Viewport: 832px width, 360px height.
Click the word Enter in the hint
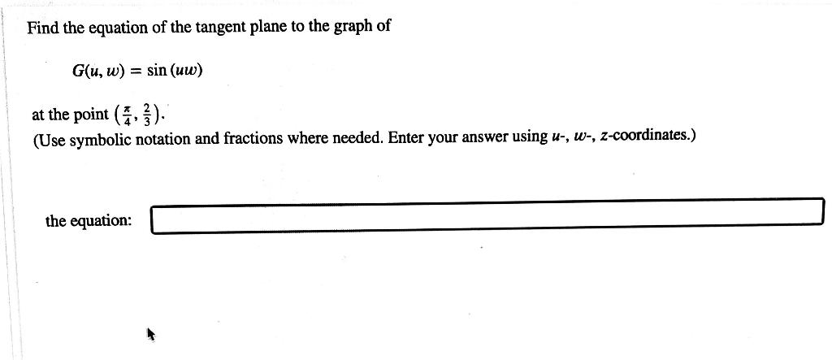406,137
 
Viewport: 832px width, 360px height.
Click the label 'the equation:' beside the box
89,220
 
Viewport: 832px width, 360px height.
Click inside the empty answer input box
487,216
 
